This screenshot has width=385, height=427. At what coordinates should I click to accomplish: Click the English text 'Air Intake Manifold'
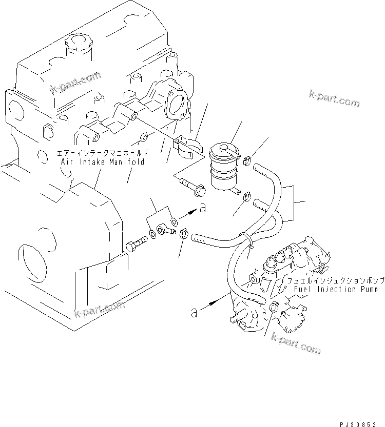click(x=103, y=161)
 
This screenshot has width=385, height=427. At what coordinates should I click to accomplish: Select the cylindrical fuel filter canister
click(x=224, y=167)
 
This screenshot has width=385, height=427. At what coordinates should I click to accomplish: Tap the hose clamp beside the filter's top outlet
click(x=247, y=160)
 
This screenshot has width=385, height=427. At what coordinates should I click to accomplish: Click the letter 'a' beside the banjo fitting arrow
click(x=203, y=208)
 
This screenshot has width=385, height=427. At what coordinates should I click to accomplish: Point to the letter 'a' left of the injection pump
click(x=194, y=311)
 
